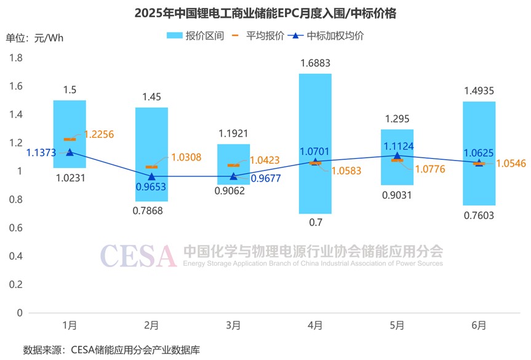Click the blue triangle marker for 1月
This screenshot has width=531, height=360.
[70, 152]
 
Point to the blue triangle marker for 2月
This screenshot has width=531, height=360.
[151, 177]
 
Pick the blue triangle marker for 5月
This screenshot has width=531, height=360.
[397, 156]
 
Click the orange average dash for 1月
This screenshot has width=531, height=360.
[70, 139]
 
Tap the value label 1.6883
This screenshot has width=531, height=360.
[315, 63]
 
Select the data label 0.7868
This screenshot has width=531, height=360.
[151, 211]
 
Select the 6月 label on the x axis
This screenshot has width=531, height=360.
[479, 325]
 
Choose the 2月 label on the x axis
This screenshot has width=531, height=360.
[151, 325]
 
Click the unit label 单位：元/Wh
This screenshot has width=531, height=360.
[35, 38]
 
